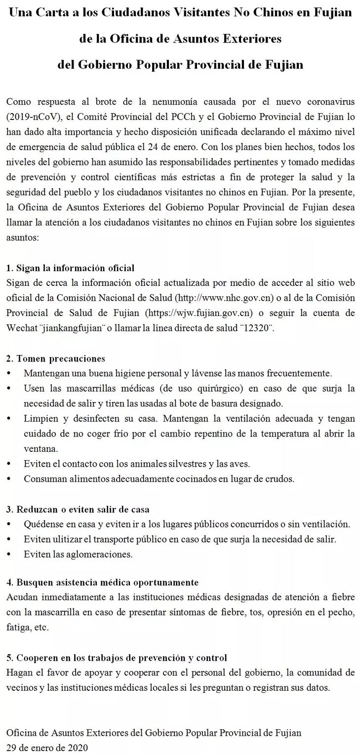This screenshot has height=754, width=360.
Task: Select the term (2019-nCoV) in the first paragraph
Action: (x=30, y=117)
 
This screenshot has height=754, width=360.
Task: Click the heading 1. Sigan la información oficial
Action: (x=71, y=268)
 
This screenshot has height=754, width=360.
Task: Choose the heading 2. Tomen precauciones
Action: (x=56, y=358)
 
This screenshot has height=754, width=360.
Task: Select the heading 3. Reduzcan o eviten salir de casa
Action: (x=78, y=509)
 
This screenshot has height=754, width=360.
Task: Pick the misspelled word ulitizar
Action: (x=66, y=539)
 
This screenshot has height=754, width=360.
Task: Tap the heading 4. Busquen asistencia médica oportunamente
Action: (x=103, y=583)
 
